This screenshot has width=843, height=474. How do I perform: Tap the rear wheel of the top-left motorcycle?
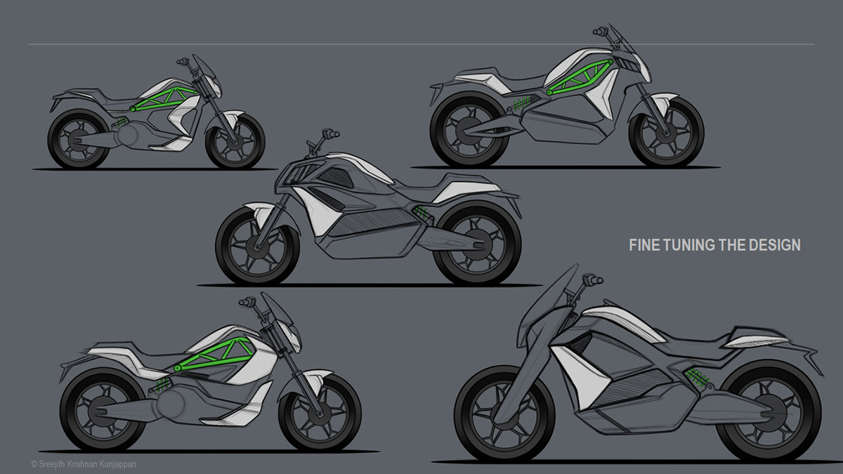coord(77,140)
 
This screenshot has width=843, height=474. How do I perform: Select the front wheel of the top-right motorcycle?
coord(666,131)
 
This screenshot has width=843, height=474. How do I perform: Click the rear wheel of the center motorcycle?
coord(477,244)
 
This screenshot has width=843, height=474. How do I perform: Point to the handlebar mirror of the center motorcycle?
coord(325,133)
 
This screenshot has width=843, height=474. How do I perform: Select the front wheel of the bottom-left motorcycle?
coord(320,412)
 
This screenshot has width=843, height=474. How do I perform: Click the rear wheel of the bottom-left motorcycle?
coord(96,409)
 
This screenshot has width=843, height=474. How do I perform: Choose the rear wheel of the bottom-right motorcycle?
coord(771,411)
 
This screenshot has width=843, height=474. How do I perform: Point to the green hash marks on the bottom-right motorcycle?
coord(698,378)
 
